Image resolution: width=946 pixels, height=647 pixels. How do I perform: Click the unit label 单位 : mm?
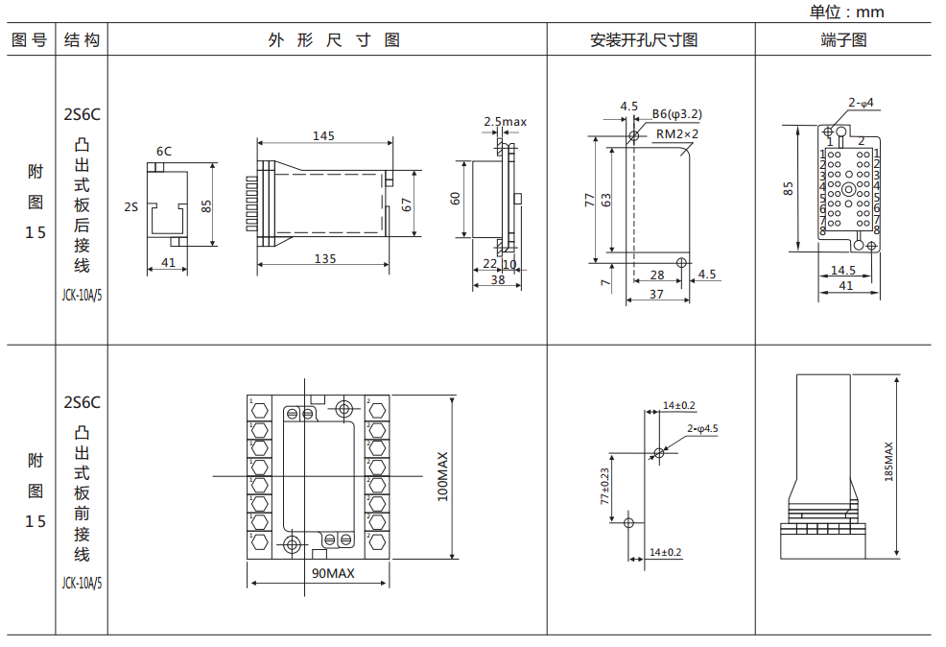click(846, 12)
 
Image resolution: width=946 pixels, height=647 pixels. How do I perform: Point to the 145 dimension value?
click(323, 136)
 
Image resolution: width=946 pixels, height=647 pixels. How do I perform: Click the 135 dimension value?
click(325, 258)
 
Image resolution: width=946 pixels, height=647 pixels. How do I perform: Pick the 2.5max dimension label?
click(505, 122)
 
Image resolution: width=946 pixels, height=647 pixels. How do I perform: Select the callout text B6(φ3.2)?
click(677, 114)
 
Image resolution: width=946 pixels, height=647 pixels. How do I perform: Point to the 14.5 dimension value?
click(843, 271)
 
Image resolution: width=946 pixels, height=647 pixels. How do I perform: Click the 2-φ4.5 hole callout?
click(702, 429)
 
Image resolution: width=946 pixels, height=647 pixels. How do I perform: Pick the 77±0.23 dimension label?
click(605, 487)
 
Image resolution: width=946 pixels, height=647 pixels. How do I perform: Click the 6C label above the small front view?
click(164, 151)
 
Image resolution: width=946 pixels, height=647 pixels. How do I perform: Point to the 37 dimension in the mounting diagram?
click(656, 294)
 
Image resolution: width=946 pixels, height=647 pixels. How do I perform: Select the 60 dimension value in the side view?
click(456, 199)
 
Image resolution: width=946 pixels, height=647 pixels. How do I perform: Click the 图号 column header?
click(29, 40)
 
